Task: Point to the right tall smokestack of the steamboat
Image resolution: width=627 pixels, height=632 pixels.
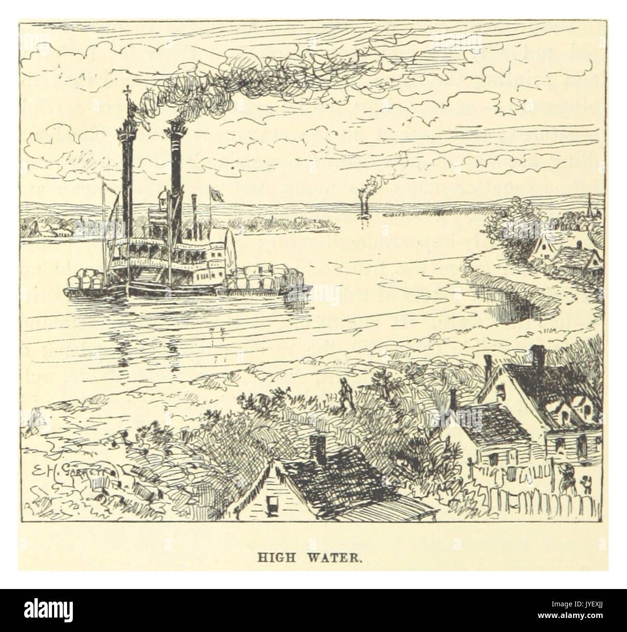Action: tap(176, 169)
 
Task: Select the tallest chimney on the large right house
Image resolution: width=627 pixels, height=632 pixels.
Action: tap(537, 357)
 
